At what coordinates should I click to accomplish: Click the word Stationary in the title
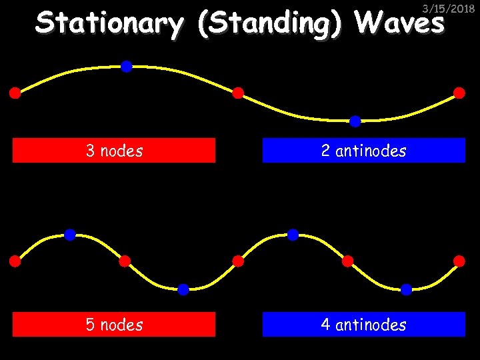109,24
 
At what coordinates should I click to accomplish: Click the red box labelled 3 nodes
114,151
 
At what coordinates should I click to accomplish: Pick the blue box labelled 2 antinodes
363,151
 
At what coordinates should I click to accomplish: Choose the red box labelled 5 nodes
114,325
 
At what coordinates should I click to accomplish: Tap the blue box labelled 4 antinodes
363,325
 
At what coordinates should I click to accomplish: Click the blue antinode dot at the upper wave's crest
126,66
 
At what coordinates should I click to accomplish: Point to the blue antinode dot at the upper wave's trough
355,121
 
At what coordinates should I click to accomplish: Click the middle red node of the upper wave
238,93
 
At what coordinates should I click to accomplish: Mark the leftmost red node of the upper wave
15,93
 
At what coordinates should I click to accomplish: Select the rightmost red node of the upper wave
459,93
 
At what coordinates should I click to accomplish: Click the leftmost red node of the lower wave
15,261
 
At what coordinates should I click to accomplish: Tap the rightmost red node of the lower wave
459,261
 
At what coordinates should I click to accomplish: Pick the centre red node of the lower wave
238,261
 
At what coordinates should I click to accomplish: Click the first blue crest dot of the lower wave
70,235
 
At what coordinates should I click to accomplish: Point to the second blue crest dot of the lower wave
293,235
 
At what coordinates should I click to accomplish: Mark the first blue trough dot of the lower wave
183,289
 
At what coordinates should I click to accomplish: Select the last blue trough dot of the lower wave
407,289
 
